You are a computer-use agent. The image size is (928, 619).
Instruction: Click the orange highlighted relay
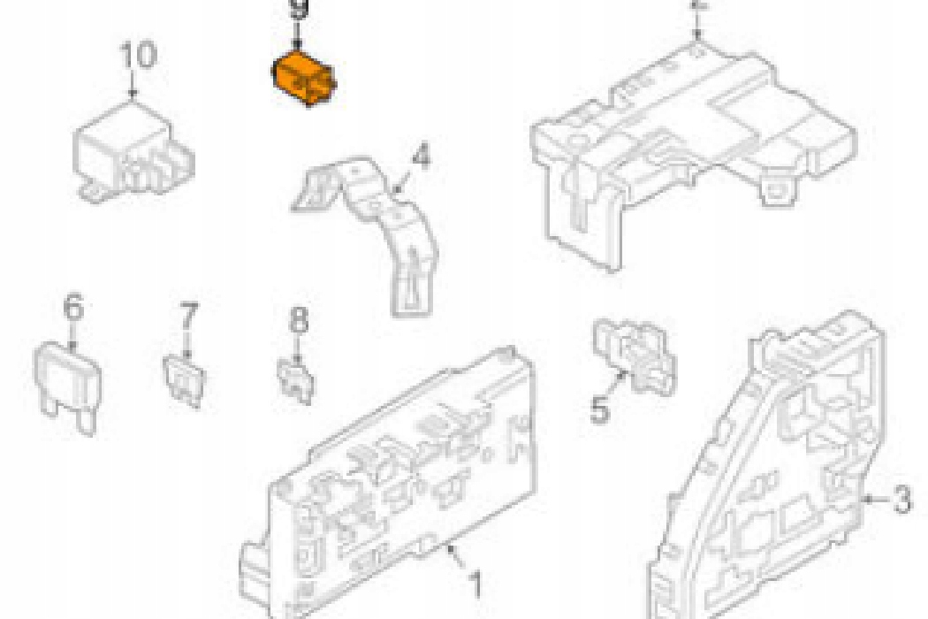(x=302, y=80)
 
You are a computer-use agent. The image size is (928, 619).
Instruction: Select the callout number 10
(x=137, y=55)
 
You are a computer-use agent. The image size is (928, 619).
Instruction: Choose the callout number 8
(x=300, y=319)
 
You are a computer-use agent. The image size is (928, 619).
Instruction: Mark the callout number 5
(x=600, y=409)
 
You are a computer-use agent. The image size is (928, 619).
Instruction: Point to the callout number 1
(x=475, y=584)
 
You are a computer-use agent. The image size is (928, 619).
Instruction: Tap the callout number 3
(x=901, y=501)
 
